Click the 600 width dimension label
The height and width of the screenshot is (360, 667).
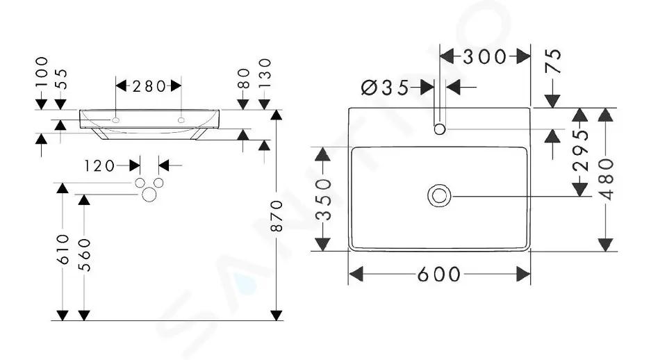tap(439, 274)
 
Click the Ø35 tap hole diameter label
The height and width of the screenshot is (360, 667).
tap(385, 88)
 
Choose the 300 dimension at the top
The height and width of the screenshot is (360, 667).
tap(484, 56)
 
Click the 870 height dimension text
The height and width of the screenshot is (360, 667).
tap(277, 215)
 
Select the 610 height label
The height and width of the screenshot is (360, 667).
tap(63, 249)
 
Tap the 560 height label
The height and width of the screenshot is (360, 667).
tap(84, 254)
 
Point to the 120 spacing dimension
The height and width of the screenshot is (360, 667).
tap(99, 165)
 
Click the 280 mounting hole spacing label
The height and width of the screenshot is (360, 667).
tap(149, 86)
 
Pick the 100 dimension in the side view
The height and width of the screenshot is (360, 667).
tap(42, 72)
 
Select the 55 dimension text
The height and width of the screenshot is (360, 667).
tap(62, 79)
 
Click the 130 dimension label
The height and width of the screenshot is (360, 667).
tap(265, 73)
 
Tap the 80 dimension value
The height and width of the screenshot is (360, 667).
tap(244, 79)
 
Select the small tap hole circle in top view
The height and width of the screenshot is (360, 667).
tap(439, 124)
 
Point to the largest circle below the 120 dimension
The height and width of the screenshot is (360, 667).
tap(149, 188)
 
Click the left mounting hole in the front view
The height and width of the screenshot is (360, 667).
tap(116, 120)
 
